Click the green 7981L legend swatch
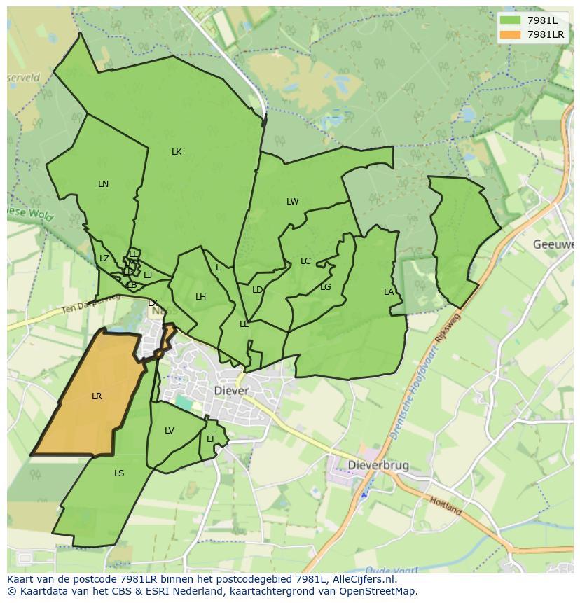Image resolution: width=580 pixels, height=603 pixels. tap(511, 20)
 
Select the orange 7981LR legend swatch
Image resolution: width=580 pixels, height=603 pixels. tap(511, 34)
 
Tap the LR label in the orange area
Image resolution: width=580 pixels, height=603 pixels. tap(97, 396)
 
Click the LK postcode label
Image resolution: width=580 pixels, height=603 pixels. tap(177, 152)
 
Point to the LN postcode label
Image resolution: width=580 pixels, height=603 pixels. tap(104, 184)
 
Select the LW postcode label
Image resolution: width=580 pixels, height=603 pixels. tap(292, 202)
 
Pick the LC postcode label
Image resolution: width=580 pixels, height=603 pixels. tap(305, 261)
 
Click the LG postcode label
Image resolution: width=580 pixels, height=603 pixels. tap(326, 287)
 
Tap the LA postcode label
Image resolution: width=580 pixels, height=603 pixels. tap(389, 292)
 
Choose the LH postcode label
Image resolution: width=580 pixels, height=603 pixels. tap(201, 297)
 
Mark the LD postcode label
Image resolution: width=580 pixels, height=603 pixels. tap(257, 290)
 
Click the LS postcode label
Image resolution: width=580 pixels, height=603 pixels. tap(119, 473)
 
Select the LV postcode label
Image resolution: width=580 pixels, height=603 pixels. tap(170, 431)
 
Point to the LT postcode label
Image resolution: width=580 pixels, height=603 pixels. tap(211, 439)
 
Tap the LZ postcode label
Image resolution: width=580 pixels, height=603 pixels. tap(104, 258)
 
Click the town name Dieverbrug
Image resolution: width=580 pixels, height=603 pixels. tap(378, 465)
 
